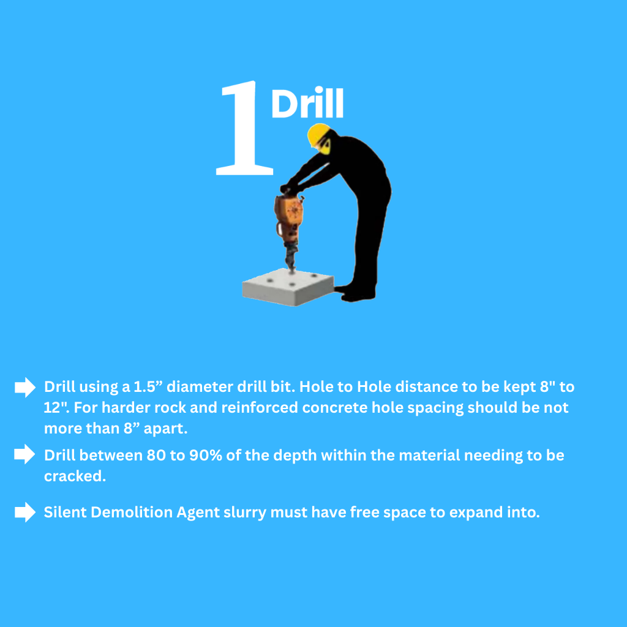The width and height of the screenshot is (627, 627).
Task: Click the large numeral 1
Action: point(245,128)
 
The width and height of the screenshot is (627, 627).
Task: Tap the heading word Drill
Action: point(307,102)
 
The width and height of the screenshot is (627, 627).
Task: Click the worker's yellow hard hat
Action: point(318,134)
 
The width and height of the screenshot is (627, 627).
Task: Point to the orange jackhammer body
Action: point(288,216)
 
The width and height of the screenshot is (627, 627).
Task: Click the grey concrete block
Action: point(288,287)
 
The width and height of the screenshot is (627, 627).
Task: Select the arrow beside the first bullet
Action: point(25,387)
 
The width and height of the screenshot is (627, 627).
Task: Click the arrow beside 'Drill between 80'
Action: point(24,454)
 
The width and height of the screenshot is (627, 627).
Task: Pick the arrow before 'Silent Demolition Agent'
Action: point(25,512)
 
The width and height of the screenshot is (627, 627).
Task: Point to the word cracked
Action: point(75,476)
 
